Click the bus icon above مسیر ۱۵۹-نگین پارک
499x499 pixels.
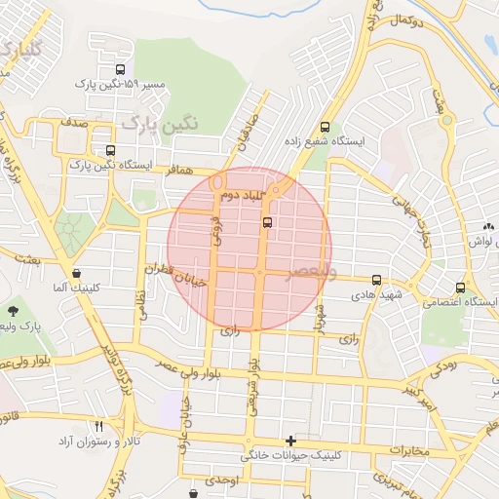[x=120, y=70]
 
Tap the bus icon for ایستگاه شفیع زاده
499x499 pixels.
[x=325, y=127]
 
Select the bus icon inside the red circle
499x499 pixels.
[x=267, y=222]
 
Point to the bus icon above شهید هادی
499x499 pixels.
[x=376, y=280]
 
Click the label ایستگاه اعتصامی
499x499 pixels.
[x=457, y=302]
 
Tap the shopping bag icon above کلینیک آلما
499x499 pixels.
[x=77, y=274]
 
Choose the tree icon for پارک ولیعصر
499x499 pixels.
[x=13, y=312]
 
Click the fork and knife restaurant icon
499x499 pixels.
[x=98, y=426]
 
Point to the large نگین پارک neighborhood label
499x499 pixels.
[x=161, y=123]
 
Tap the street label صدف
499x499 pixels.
[x=72, y=126]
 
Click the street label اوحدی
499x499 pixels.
[x=236, y=480]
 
